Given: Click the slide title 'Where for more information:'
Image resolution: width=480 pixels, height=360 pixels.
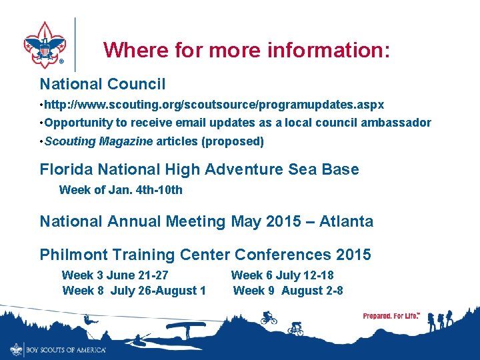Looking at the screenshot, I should (x=247, y=50).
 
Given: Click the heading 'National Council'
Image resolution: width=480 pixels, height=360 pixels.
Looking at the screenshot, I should (x=103, y=84).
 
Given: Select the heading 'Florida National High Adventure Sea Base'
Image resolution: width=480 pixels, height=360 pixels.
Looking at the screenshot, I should (x=199, y=169).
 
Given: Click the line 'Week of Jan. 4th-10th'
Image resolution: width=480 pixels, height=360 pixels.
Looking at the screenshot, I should (x=121, y=190).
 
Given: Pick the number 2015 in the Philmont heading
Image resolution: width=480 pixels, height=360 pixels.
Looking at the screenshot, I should (x=353, y=255).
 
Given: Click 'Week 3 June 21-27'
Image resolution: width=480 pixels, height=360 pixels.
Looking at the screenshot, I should (x=115, y=275).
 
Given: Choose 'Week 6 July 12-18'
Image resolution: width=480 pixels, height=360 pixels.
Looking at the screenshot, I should (x=282, y=275).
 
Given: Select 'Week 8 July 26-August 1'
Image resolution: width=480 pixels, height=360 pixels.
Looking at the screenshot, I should (x=134, y=291).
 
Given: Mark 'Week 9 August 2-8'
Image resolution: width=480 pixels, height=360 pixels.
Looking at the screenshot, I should (x=288, y=291).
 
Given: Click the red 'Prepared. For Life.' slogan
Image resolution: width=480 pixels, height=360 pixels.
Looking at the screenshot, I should (x=391, y=315).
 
